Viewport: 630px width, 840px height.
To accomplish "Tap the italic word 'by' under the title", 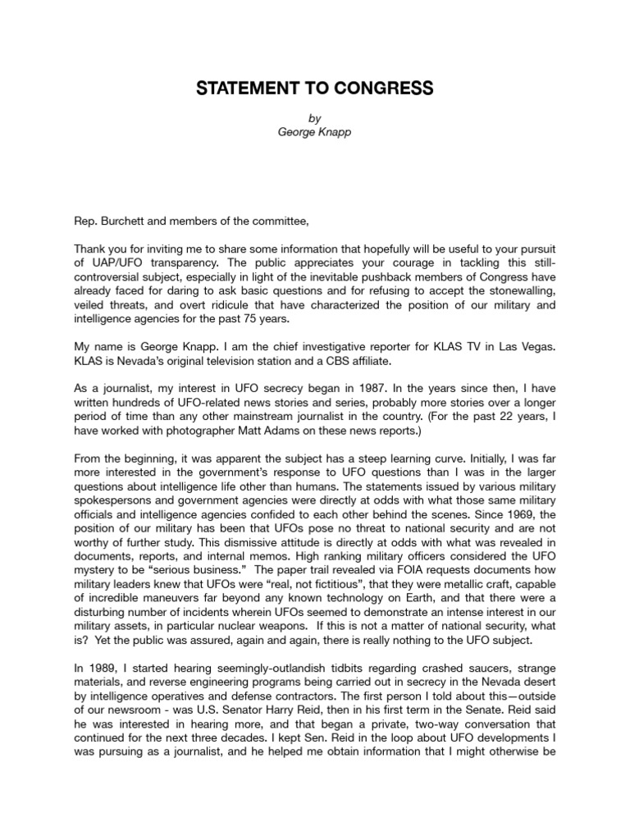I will (315, 117).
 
